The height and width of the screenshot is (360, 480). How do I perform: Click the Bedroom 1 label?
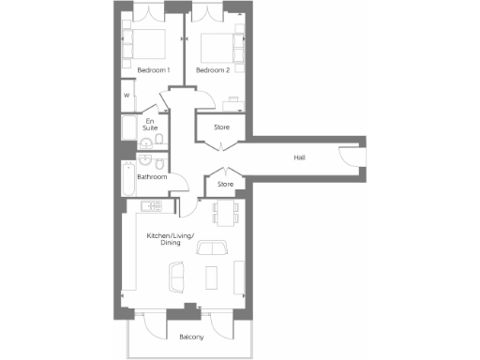click(153, 70)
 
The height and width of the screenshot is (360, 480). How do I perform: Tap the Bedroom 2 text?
click(213, 70)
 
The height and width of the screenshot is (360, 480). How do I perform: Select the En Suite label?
click(150, 123)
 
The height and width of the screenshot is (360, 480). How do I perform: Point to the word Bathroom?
click(152, 176)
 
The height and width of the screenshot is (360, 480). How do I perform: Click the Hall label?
click(299, 157)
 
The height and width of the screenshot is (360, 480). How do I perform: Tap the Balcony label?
click(191, 337)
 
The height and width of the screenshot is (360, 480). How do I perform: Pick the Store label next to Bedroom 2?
click(222, 127)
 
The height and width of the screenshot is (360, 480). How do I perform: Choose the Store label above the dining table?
click(225, 184)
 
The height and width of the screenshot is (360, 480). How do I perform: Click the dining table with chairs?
click(225, 214)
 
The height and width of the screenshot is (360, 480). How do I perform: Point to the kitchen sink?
click(150, 204)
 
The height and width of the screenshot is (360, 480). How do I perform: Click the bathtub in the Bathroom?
click(128, 176)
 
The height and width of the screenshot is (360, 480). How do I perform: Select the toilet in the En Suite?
click(160, 140)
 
